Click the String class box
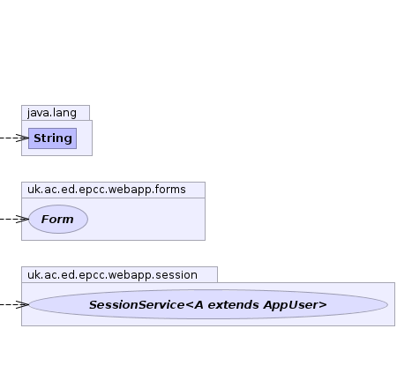click(x=52, y=138)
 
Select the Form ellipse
click(x=58, y=220)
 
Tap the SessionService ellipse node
click(x=208, y=304)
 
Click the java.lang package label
click(x=52, y=113)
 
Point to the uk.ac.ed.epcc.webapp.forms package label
click(x=107, y=190)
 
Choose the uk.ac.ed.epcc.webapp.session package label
click(x=112, y=275)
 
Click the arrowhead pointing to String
click(x=23, y=138)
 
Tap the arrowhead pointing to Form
click(x=23, y=219)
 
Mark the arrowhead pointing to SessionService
click(x=23, y=304)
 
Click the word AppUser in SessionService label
click(x=296, y=305)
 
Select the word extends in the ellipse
click(x=234, y=305)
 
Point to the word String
click(x=53, y=138)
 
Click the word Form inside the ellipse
click(x=57, y=220)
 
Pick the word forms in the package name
click(x=171, y=190)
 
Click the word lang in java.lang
click(x=65, y=113)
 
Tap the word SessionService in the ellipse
click(x=137, y=305)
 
